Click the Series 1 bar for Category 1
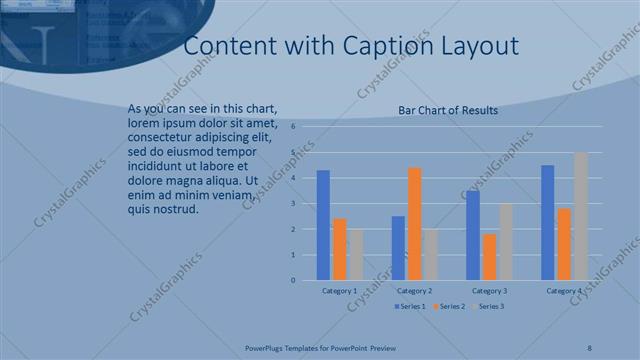[x=323, y=225]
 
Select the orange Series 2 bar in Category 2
[x=415, y=224]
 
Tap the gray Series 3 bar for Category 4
[x=581, y=216]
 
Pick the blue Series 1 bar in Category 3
[x=473, y=235]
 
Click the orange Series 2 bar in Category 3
[x=490, y=257]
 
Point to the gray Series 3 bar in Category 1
[x=357, y=254]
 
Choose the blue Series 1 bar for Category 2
[x=398, y=248]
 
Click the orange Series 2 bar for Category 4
[x=564, y=244]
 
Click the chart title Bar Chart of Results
[x=448, y=111]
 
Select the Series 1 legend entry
[x=411, y=305]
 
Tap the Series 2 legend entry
[x=449, y=305]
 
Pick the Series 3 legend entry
[x=488, y=305]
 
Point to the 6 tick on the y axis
[x=293, y=127]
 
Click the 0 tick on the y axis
[x=293, y=280]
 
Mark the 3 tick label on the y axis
[x=293, y=204]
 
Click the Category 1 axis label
[x=340, y=291]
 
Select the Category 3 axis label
[x=490, y=291]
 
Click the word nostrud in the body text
[x=176, y=209]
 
